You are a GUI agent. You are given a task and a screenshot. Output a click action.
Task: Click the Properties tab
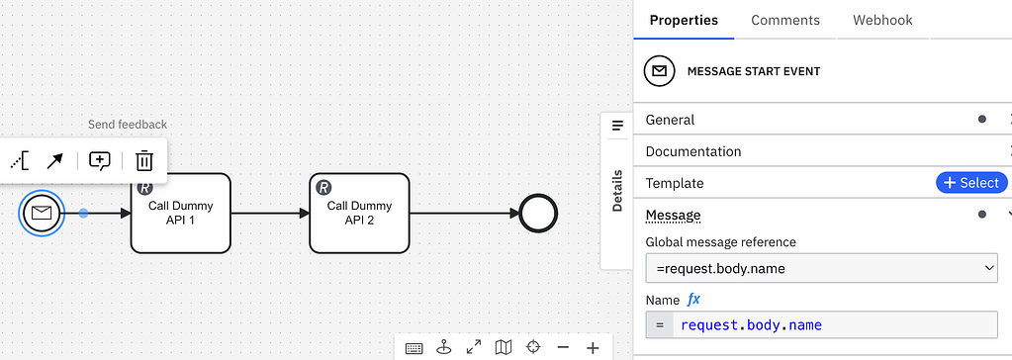click(684, 20)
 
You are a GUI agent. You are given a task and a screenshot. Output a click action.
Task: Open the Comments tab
click(785, 20)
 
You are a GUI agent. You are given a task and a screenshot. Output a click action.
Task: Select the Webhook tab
click(882, 20)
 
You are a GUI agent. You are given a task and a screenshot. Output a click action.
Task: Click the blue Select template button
click(970, 183)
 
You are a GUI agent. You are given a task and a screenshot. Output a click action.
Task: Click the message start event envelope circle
click(42, 213)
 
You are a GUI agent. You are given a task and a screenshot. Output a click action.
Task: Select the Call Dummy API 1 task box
click(180, 213)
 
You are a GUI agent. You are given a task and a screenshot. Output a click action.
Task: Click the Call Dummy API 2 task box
click(359, 213)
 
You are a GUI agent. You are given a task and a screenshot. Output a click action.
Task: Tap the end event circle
click(538, 213)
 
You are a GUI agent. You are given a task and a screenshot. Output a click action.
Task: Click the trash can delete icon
click(144, 160)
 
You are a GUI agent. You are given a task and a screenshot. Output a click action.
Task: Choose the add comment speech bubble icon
click(100, 160)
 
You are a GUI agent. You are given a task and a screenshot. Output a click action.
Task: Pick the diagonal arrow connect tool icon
click(55, 160)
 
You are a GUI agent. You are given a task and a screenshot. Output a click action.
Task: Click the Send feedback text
click(128, 125)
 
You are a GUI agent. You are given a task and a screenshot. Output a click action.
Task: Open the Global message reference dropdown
click(821, 267)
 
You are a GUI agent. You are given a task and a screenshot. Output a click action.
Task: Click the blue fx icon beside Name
click(693, 300)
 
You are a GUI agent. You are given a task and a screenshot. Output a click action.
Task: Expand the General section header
click(671, 120)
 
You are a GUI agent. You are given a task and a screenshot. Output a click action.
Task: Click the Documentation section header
click(692, 151)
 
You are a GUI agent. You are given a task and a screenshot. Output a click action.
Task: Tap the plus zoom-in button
click(593, 347)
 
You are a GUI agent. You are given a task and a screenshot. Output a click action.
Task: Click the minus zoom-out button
click(563, 347)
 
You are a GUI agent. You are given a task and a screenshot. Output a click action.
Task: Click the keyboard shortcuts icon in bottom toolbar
click(414, 347)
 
